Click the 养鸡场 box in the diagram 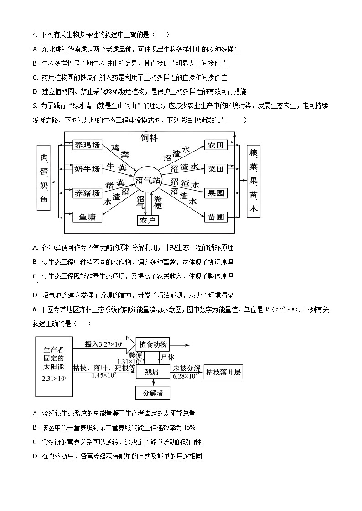87,145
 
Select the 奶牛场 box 87,169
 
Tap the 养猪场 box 87,193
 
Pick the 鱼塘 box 87,217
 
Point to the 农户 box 148,220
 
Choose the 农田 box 216,145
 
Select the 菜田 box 216,169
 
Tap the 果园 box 216,193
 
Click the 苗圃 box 216,217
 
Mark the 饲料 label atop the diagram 149,137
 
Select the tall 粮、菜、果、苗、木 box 253,181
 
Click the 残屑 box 152,372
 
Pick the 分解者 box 152,393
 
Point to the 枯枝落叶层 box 223,372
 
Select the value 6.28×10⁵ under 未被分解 185,376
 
